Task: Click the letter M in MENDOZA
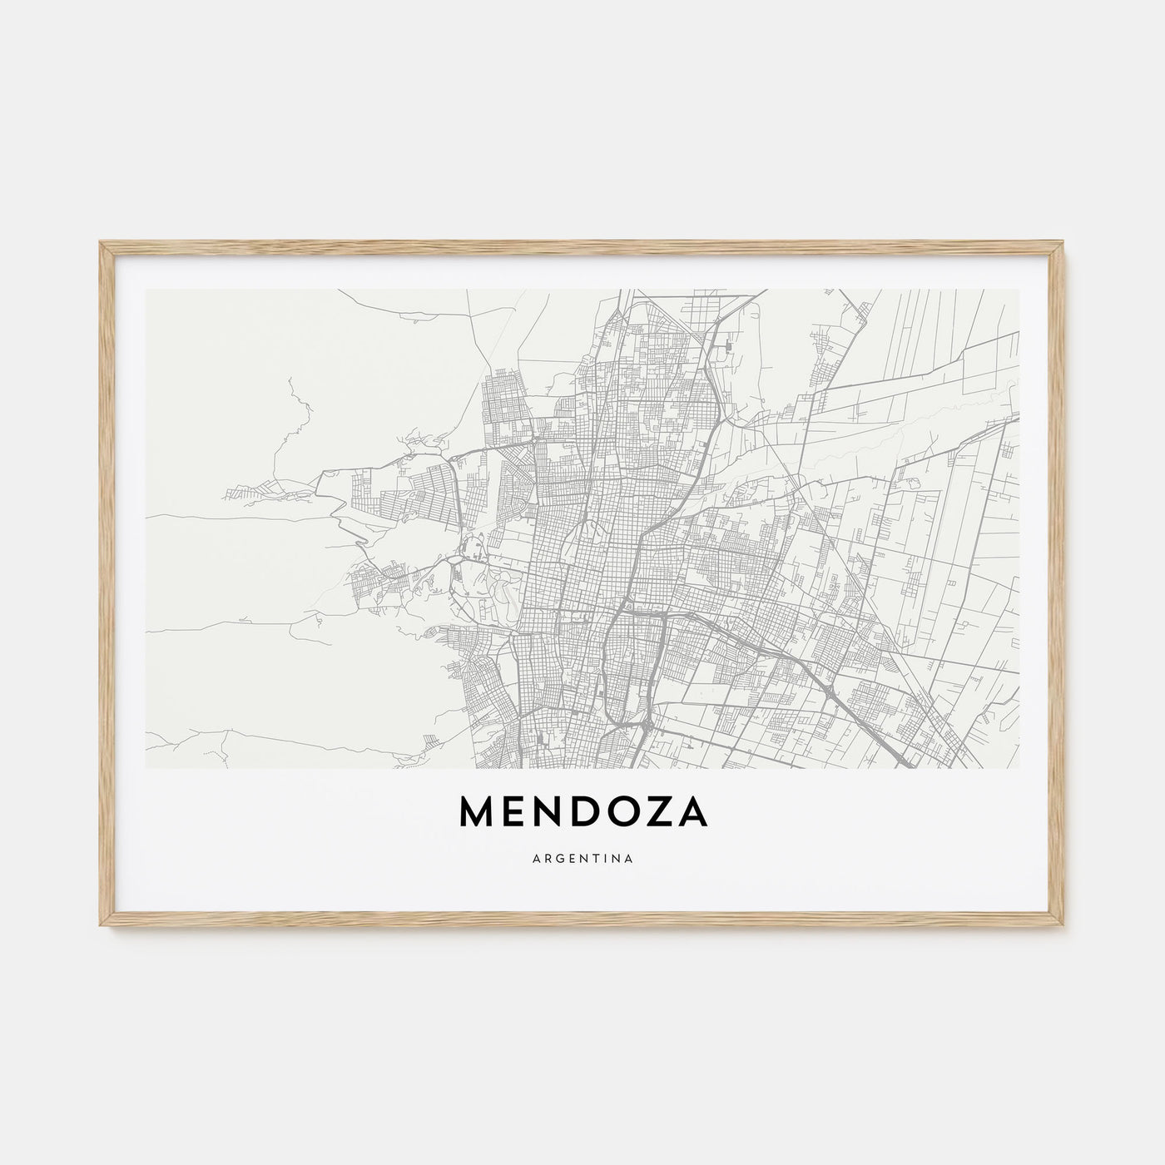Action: (x=478, y=814)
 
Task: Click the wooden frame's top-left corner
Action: (x=101, y=244)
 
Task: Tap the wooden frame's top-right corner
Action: (x=1064, y=244)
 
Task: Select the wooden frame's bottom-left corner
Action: (x=101, y=926)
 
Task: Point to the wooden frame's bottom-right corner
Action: (x=1064, y=926)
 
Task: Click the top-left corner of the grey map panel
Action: (x=146, y=290)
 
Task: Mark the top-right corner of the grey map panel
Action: (x=1019, y=290)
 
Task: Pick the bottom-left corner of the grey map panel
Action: (x=146, y=768)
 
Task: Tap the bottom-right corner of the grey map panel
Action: (x=1019, y=768)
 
